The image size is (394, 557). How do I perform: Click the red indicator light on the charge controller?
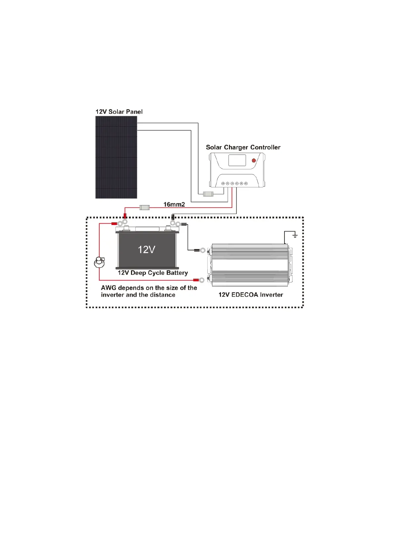[254, 160]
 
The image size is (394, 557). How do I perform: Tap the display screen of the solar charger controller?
[237, 160]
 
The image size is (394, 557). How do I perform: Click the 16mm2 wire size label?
[174, 204]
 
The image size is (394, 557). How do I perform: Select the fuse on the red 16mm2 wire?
[145, 207]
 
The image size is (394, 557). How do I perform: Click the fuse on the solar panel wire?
[208, 193]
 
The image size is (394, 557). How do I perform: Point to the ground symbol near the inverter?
[295, 236]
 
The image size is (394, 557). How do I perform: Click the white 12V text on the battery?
[147, 249]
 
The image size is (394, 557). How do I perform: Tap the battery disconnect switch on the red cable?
[99, 262]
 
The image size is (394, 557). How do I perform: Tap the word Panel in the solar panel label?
[134, 112]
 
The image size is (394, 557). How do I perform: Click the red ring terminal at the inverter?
[200, 280]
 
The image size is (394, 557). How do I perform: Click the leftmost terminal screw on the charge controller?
[223, 183]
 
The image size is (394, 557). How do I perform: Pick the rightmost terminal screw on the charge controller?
[246, 183]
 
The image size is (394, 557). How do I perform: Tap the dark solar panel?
[116, 157]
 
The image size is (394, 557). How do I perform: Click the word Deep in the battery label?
[138, 273]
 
